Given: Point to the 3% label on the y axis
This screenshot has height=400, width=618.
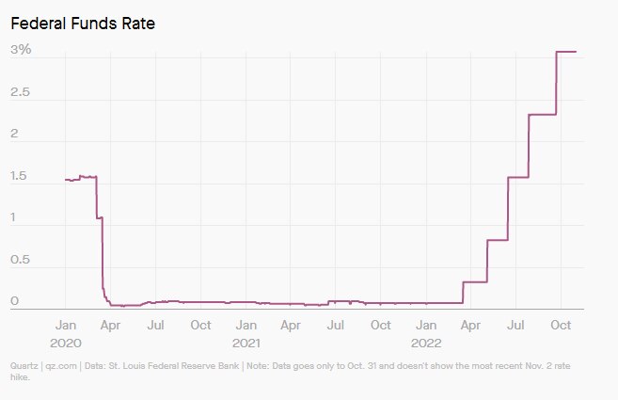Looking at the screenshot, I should (21, 51).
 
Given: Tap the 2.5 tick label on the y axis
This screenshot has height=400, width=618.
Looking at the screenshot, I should (21, 93).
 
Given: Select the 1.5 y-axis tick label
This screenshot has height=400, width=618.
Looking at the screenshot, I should (20, 177).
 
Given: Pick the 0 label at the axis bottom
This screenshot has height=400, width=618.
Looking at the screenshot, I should (14, 302).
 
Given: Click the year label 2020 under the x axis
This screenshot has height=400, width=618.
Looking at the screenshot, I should (65, 343).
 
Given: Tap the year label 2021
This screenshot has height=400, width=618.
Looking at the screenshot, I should (246, 343).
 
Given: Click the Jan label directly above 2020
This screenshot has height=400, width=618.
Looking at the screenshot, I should (65, 325).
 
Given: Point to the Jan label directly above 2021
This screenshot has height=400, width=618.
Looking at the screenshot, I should (246, 325).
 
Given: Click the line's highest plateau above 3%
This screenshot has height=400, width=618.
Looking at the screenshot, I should (566, 52).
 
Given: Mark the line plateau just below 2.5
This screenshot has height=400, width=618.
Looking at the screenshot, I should (543, 115).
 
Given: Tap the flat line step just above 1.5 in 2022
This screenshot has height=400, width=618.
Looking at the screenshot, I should (518, 177).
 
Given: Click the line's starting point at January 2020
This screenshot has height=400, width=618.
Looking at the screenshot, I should (65, 180).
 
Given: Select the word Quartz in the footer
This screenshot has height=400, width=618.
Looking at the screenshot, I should (24, 365).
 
